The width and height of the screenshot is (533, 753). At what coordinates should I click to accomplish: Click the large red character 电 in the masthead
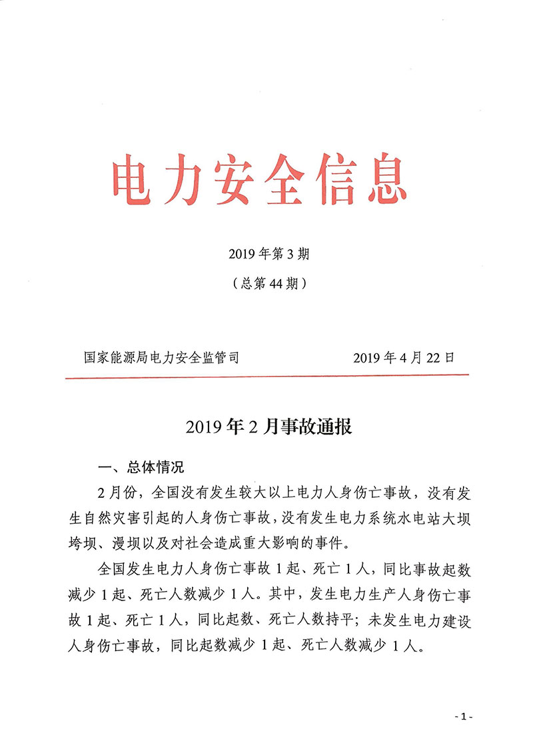133,181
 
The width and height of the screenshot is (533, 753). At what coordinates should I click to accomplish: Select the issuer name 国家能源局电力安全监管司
161,358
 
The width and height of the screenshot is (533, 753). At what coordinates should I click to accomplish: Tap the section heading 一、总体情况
140,466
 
